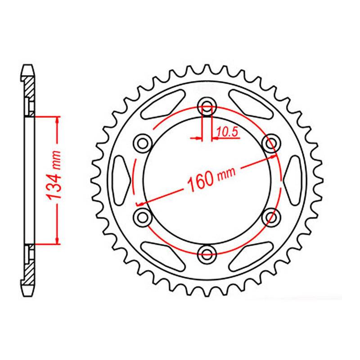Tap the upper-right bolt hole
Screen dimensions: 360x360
[270, 143]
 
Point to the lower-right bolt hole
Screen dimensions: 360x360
[270, 217]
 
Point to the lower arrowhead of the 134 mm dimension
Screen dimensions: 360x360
[57, 239]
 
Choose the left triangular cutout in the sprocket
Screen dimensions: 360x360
[122, 180]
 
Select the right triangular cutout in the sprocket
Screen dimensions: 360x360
[292, 180]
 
